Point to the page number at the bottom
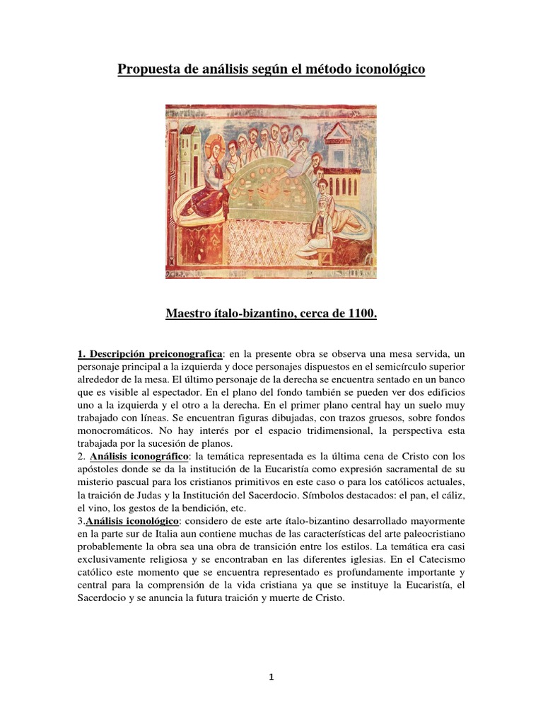pyautogui.click(x=271, y=677)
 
